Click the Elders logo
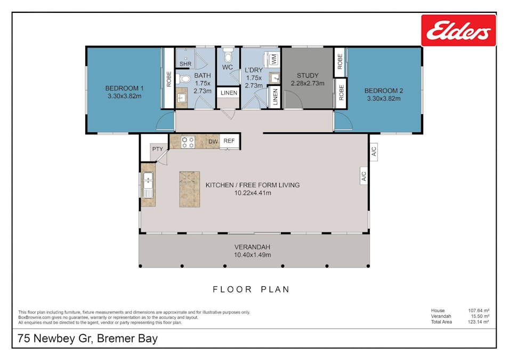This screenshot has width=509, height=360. tap(458, 30)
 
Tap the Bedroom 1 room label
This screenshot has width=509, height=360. tap(124, 92)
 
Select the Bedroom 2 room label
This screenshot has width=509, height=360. tap(384, 94)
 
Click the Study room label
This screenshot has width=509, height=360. tap(307, 79)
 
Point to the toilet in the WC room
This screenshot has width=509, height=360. tap(228, 56)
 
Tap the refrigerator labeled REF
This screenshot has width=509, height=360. tap(229, 141)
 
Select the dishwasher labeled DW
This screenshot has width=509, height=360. tap(213, 141)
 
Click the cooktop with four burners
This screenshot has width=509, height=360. tap(188, 141)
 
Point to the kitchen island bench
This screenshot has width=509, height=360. tap(190, 190)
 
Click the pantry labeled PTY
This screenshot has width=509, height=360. tap(157, 149)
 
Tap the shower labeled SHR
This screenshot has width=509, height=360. tap(185, 63)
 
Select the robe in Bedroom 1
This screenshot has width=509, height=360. tap(169, 79)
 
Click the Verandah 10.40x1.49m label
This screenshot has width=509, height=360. tap(253, 251)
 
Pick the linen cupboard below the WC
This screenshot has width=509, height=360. tap(228, 93)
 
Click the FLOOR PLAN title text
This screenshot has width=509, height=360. tap(251, 290)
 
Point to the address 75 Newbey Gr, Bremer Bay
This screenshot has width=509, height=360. tap(88, 339)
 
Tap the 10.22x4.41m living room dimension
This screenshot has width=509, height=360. tap(253, 193)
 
